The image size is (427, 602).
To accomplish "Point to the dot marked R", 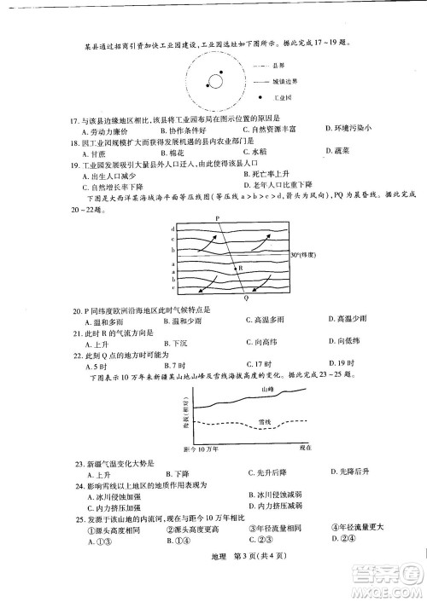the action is pos(241,267).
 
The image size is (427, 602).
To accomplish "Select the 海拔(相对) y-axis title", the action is pos(184,414).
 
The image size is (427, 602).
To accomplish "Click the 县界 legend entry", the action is pos(277,65).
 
